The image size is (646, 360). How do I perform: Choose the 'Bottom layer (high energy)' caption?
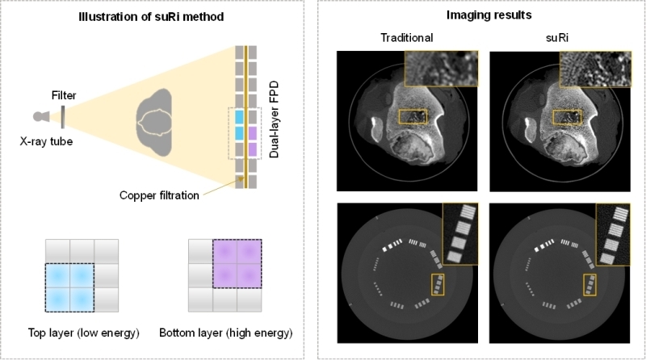(x=225, y=333)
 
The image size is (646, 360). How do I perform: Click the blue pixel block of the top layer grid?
(x=69, y=287)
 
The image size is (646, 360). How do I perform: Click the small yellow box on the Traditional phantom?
(x=439, y=285)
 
